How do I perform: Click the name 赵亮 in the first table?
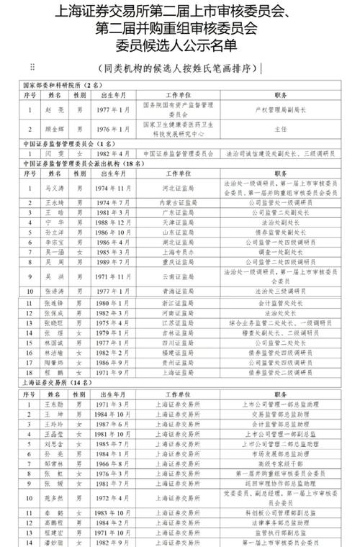tap(56, 109)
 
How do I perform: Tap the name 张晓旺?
tap(56, 325)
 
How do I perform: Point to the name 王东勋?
tap(56, 404)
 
